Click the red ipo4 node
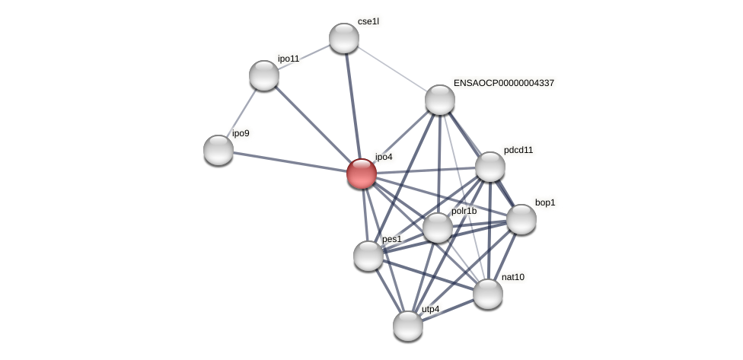[362, 174]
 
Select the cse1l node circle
[344, 38]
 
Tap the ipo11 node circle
[264, 75]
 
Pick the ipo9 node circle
[218, 150]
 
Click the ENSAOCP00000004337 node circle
[440, 100]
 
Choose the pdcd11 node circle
[490, 167]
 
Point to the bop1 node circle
[521, 219]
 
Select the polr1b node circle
[438, 228]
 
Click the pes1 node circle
[368, 256]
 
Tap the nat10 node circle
[488, 294]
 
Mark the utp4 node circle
[408, 326]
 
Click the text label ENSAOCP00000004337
[503, 83]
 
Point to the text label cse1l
[368, 21]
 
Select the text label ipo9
[241, 134]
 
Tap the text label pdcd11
[518, 150]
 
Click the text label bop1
[545, 202]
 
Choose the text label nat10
[512, 277]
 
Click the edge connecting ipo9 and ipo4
[289, 161]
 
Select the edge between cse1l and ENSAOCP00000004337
[392, 69]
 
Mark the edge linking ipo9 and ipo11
[241, 113]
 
